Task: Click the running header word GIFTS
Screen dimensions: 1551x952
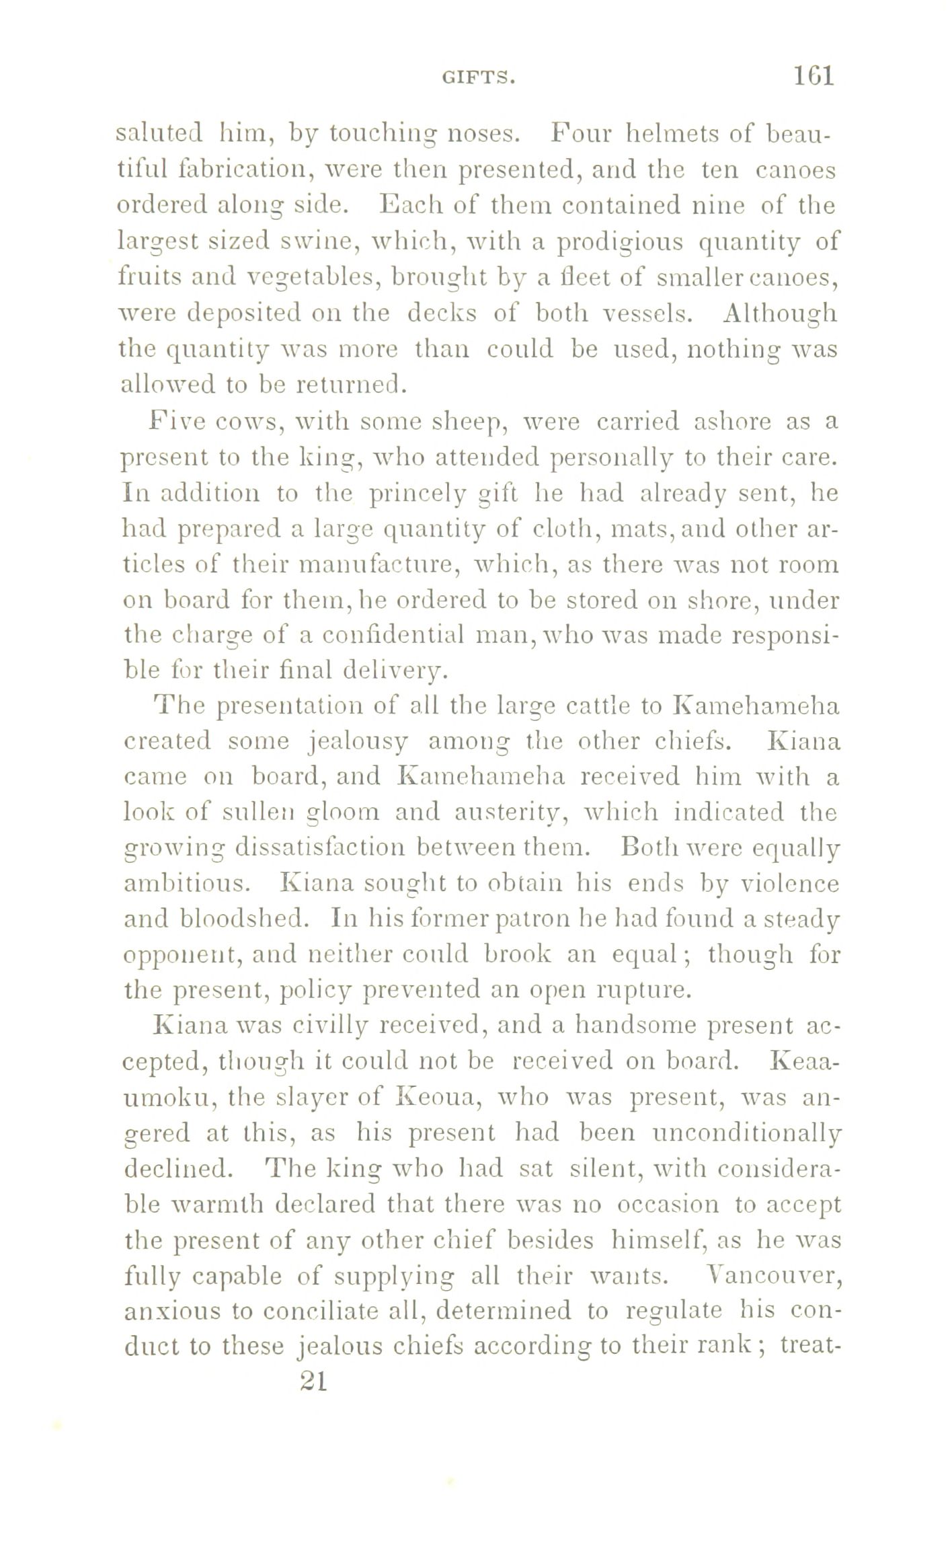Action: (479, 79)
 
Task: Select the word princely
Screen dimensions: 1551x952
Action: (415, 494)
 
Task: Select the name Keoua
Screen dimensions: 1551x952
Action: (438, 1098)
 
